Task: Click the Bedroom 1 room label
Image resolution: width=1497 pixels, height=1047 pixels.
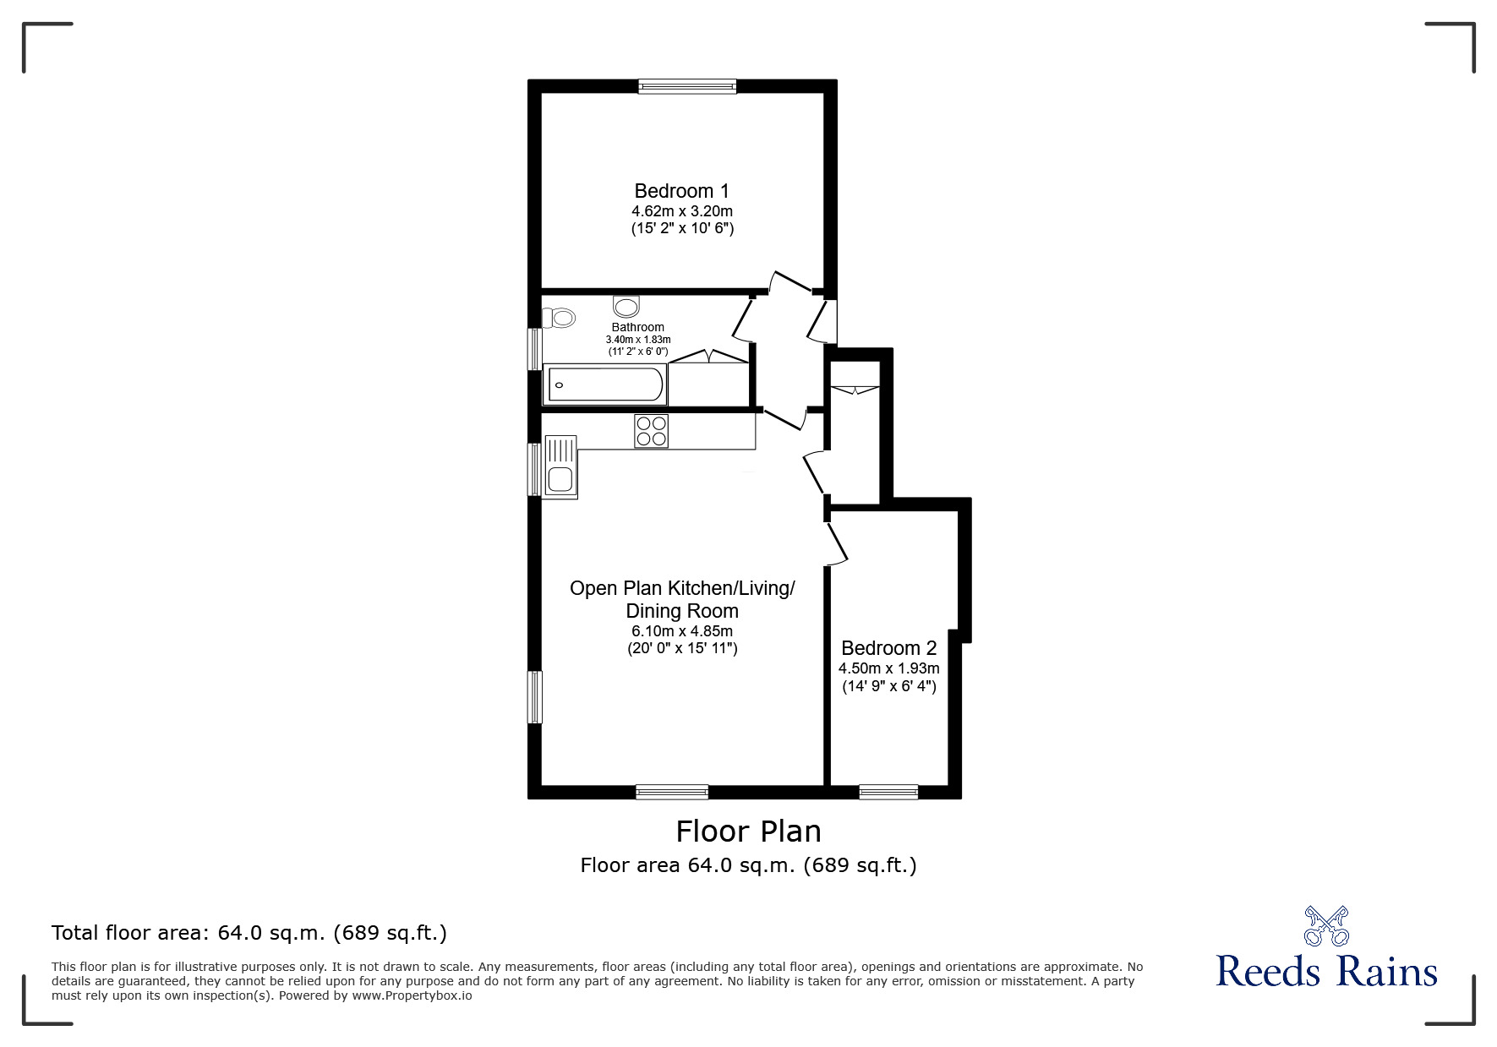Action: point(681,191)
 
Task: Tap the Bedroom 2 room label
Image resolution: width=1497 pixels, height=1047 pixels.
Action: point(888,648)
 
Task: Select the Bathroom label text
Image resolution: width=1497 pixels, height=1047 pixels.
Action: point(637,327)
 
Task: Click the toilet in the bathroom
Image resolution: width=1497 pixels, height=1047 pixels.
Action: point(560,318)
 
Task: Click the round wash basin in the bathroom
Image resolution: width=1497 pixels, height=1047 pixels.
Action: point(626,305)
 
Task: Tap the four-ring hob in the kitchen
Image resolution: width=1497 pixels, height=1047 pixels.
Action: point(651,431)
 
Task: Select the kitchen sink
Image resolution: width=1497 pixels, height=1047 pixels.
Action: point(560,466)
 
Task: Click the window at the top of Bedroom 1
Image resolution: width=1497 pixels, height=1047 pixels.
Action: point(687,85)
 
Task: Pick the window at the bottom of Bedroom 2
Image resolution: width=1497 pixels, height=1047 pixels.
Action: point(888,792)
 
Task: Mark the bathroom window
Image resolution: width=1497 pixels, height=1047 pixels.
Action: point(534,348)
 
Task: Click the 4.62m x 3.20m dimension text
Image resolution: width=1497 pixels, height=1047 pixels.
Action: point(681,211)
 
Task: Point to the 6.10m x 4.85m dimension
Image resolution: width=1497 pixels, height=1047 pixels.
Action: point(681,631)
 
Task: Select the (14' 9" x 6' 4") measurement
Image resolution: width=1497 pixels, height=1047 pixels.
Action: point(888,686)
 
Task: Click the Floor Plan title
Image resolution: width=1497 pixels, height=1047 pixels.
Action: point(748,832)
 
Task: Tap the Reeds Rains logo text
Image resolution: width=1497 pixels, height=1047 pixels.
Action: point(1326,971)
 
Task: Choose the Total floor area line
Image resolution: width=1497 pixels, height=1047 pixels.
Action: point(249,933)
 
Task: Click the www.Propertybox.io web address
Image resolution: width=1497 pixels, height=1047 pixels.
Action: point(412,995)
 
